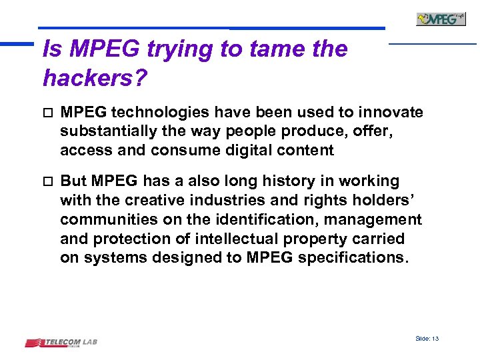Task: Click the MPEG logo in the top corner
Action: tap(441, 19)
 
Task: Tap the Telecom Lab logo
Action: tap(61, 343)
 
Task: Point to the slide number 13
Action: tap(427, 339)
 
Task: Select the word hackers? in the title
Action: tap(94, 78)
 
